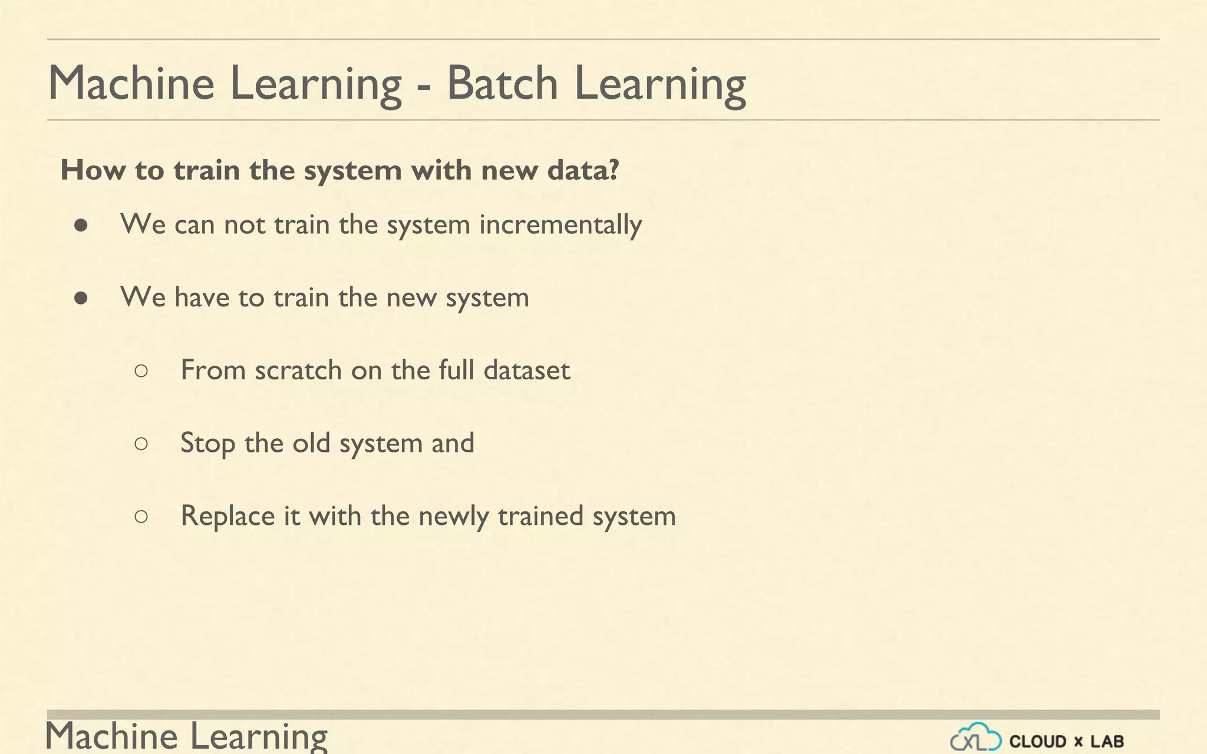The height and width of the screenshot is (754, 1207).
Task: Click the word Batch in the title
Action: pyautogui.click(x=502, y=84)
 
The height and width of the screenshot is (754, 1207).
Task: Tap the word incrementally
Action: pyautogui.click(x=560, y=225)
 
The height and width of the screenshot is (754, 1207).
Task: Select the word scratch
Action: pyautogui.click(x=298, y=371)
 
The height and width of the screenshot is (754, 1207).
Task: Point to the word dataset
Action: pyautogui.click(x=526, y=371)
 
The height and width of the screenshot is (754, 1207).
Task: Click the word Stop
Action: pyautogui.click(x=207, y=444)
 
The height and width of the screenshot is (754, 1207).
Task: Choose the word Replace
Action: pyautogui.click(x=227, y=517)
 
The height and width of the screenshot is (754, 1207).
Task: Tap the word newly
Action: pyautogui.click(x=453, y=517)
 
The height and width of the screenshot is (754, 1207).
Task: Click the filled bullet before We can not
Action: pyautogui.click(x=81, y=226)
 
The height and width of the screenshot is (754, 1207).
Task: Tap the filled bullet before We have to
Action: pyautogui.click(x=81, y=299)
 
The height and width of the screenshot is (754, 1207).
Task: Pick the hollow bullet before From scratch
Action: pyautogui.click(x=141, y=371)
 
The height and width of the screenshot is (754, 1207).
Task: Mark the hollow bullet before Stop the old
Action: pyautogui.click(x=141, y=444)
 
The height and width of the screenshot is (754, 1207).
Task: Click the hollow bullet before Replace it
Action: pyautogui.click(x=141, y=517)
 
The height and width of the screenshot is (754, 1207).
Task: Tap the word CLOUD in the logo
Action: pyautogui.click(x=1038, y=741)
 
